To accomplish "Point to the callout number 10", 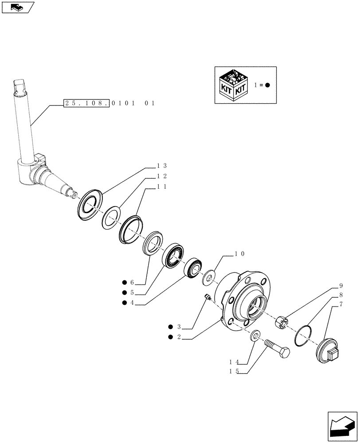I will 239,254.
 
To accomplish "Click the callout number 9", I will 341,286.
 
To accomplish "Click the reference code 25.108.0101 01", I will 109,103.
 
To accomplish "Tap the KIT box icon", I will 234,85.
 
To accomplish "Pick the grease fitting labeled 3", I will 207,297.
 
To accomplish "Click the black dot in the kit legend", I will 267,85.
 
